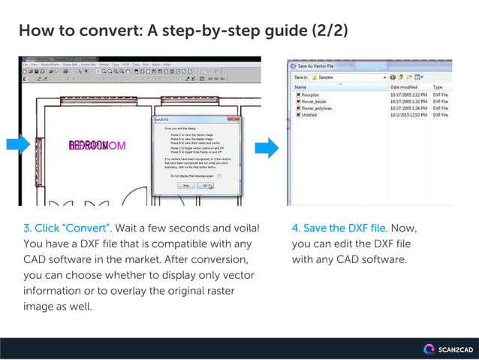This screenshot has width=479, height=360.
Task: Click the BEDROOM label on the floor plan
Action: (x=98, y=145)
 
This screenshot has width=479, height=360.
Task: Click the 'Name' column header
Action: (x=300, y=86)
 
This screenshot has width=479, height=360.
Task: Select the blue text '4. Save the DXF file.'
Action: (x=339, y=228)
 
